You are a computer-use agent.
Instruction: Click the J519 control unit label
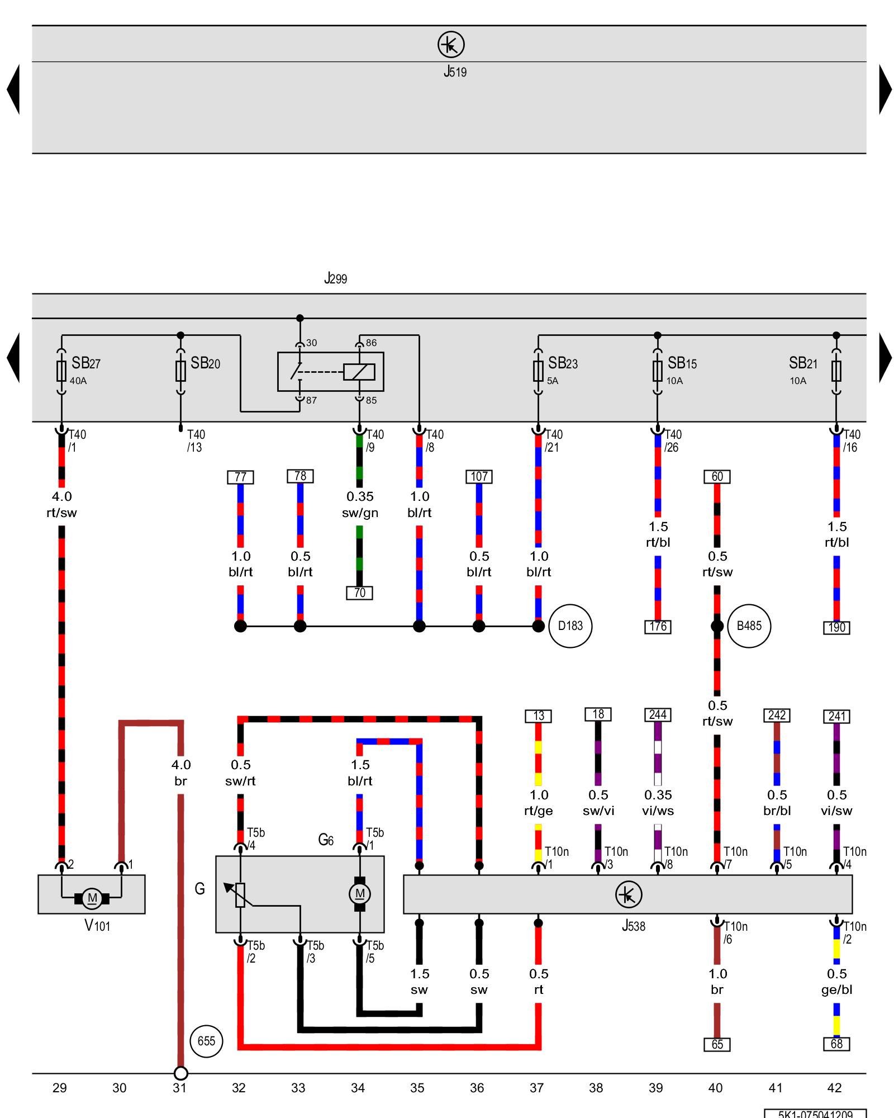[455, 72]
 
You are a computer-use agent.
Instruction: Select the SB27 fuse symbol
[61, 371]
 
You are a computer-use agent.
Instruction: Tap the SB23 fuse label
[562, 364]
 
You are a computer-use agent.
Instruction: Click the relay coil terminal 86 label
[371, 343]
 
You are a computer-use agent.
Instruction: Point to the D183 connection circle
[570, 626]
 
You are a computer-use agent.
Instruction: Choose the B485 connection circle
[749, 626]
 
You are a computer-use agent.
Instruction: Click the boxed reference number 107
[479, 477]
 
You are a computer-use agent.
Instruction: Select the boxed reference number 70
[359, 593]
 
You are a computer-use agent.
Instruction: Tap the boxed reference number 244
[658, 715]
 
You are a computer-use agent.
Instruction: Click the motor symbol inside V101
[92, 899]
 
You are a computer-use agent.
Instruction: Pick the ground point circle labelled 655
[206, 1041]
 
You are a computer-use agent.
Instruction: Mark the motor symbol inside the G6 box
[359, 893]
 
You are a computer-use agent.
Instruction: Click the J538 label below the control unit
[633, 926]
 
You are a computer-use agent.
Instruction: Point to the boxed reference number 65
[717, 1044]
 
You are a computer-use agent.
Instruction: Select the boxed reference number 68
[836, 1044]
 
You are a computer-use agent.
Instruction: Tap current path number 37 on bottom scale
[536, 1088]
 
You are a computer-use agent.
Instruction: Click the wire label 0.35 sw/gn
[360, 504]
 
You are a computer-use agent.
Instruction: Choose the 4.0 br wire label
[180, 773]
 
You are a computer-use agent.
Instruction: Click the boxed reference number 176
[658, 627]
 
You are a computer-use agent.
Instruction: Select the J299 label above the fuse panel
[335, 278]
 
